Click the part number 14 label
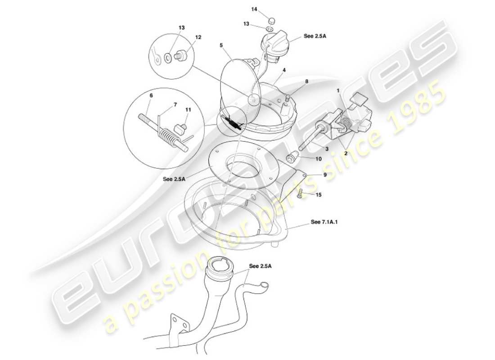pyautogui.click(x=254, y=9)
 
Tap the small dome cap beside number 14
pyautogui.click(x=271, y=21)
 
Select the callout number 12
pyautogui.click(x=198, y=37)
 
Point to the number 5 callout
pyautogui.click(x=221, y=45)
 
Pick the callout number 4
pyautogui.click(x=284, y=70)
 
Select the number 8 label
pyautogui.click(x=306, y=81)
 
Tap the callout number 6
pyautogui.click(x=151, y=95)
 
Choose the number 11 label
pyautogui.click(x=189, y=110)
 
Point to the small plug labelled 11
pyautogui.click(x=180, y=129)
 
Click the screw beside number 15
pyautogui.click(x=300, y=193)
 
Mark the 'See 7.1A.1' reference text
pyautogui.click(x=324, y=222)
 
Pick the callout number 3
pyautogui.click(x=327, y=148)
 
